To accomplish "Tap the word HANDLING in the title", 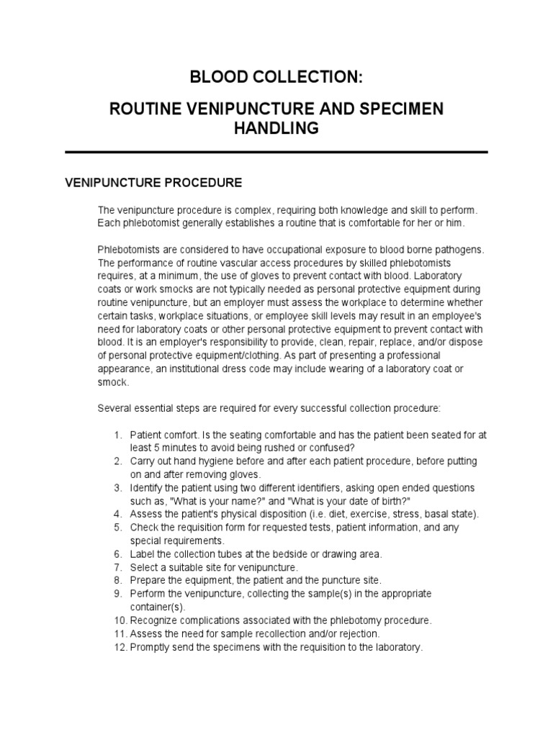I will (x=276, y=129).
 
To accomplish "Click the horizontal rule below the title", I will (x=276, y=152).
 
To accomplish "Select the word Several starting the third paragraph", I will (x=114, y=409).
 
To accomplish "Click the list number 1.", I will (x=117, y=435).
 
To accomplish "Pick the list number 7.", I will (x=117, y=567).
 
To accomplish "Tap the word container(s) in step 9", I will (x=156, y=607).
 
